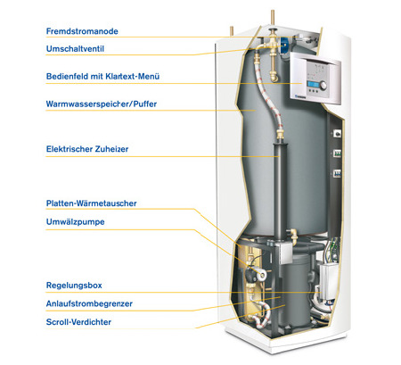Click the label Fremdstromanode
[x=82, y=31]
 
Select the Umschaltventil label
[x=75, y=49]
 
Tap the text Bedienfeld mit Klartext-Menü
[x=102, y=77]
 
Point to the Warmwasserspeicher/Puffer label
[x=102, y=104]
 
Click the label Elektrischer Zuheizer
[x=87, y=149]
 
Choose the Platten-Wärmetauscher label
[x=92, y=203]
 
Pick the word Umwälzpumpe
[x=76, y=222]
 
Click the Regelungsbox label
[x=74, y=286]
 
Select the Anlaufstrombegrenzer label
[x=89, y=303]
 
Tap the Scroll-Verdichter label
[x=78, y=322]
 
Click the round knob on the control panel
[x=323, y=86]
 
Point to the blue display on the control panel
[x=313, y=84]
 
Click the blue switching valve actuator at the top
[x=283, y=44]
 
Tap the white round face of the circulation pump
[x=262, y=275]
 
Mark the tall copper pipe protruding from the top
[x=273, y=20]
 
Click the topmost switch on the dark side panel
[x=337, y=134]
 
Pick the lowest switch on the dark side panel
[x=337, y=173]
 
